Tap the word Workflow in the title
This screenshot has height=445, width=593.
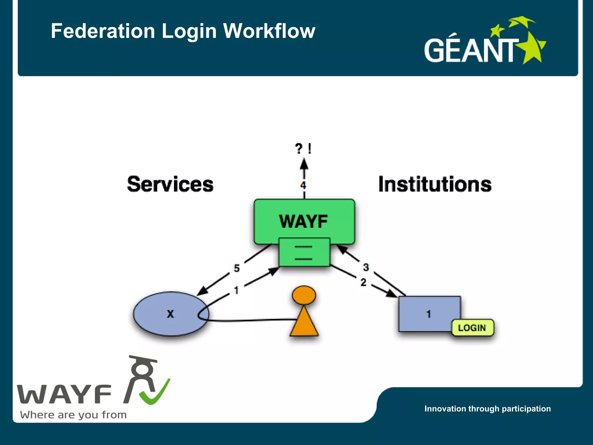pyautogui.click(x=269, y=31)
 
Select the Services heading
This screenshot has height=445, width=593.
pyautogui.click(x=170, y=184)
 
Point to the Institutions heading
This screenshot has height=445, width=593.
pyautogui.click(x=435, y=184)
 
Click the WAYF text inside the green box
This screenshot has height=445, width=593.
pyautogui.click(x=303, y=222)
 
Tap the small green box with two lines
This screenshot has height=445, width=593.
pyautogui.click(x=304, y=252)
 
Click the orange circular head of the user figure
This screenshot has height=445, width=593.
pyautogui.click(x=304, y=295)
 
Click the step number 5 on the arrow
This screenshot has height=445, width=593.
pyautogui.click(x=237, y=268)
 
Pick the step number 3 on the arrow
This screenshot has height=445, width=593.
pyautogui.click(x=366, y=267)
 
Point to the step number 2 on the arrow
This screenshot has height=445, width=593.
pyautogui.click(x=363, y=282)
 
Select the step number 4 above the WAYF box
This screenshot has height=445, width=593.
pyautogui.click(x=303, y=185)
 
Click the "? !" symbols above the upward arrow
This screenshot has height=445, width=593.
pyautogui.click(x=303, y=149)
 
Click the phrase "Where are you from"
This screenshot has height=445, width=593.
pyautogui.click(x=73, y=415)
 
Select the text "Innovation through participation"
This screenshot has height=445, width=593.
pyautogui.click(x=488, y=409)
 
